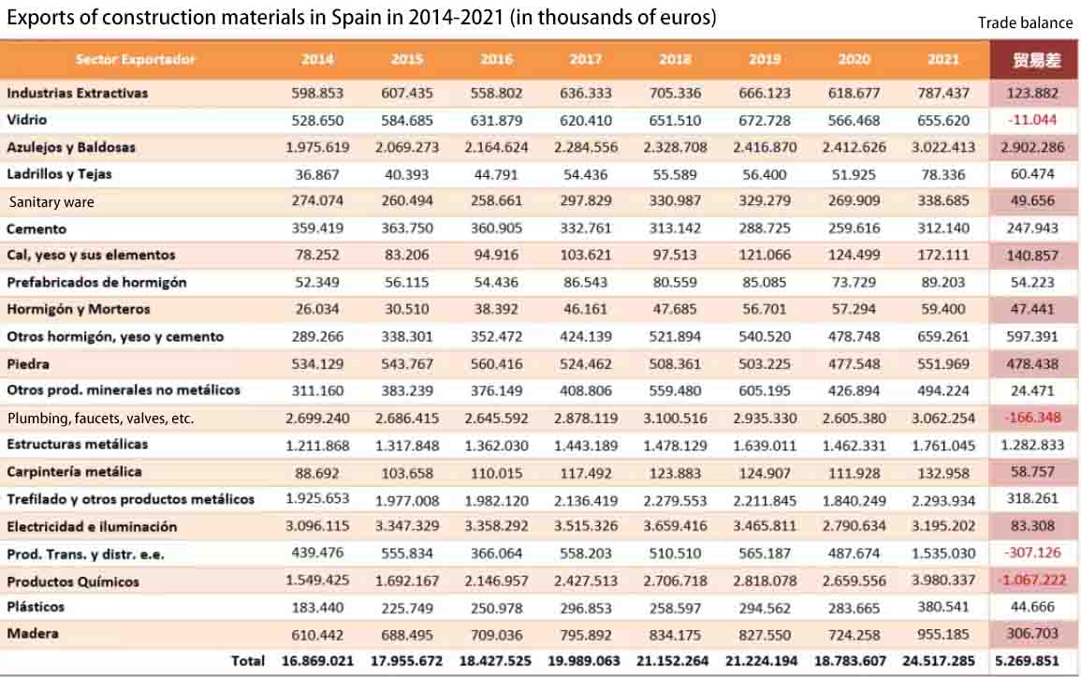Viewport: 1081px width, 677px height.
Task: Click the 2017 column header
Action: pos(585,59)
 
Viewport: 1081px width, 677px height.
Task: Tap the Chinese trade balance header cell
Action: pos(1035,60)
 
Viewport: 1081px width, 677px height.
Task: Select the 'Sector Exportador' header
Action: pos(135,59)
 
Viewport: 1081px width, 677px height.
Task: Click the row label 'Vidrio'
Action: pos(27,119)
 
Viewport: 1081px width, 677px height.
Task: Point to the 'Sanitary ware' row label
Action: pos(51,202)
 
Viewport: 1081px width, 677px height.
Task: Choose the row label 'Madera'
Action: pos(33,633)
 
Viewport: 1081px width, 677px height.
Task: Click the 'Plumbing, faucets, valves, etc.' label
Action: pos(101,419)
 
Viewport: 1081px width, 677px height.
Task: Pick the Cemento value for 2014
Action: pos(317,228)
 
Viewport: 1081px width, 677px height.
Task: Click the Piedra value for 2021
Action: pos(943,363)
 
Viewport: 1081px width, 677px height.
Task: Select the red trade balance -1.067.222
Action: pos(1032,580)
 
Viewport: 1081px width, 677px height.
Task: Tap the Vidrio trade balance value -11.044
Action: pos(1032,119)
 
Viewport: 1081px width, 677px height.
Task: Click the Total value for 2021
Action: pos(939,660)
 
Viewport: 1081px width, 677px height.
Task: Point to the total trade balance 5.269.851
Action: pos(1028,660)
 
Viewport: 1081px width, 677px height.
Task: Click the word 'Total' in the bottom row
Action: pos(247,660)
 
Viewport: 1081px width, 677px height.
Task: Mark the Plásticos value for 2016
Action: pos(496,608)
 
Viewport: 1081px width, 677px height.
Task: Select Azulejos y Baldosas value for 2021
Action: pos(943,147)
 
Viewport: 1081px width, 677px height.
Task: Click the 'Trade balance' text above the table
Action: pos(1025,22)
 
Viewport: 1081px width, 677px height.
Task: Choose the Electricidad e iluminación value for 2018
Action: pos(675,526)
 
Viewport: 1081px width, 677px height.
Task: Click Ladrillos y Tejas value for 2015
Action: pos(407,174)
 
